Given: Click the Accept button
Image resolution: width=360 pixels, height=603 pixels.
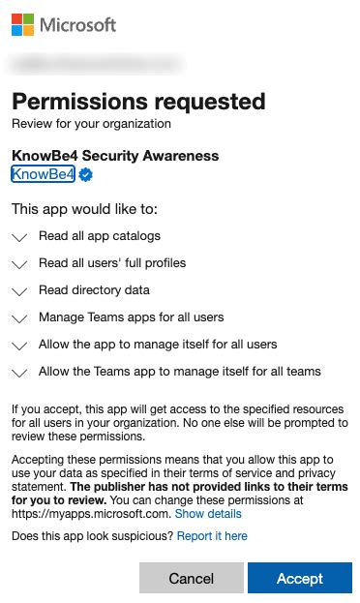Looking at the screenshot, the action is (x=299, y=578).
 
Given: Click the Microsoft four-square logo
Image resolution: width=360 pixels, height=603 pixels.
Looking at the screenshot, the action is (x=22, y=24).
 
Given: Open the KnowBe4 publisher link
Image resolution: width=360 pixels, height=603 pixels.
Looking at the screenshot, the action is (x=43, y=174).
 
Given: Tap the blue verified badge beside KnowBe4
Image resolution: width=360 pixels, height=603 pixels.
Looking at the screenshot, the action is (x=85, y=175).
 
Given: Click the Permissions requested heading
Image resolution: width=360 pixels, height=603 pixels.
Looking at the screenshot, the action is (x=137, y=101).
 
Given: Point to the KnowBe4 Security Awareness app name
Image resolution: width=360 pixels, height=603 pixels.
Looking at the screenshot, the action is (x=115, y=156).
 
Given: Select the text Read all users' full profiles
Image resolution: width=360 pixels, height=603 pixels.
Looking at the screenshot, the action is (x=112, y=262).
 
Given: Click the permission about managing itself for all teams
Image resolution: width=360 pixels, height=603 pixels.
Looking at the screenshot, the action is (x=179, y=371).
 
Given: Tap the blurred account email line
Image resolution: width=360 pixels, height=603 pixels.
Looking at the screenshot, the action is (x=95, y=63).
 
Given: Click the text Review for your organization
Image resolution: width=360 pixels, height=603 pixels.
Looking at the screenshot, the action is (x=91, y=123).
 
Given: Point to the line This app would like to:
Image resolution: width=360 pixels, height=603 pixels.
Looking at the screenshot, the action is (x=83, y=208).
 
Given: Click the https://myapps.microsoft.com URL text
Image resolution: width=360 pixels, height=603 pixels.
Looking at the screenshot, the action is (x=90, y=514).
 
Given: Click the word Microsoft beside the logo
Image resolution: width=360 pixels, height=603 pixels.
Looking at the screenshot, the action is (x=77, y=24).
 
